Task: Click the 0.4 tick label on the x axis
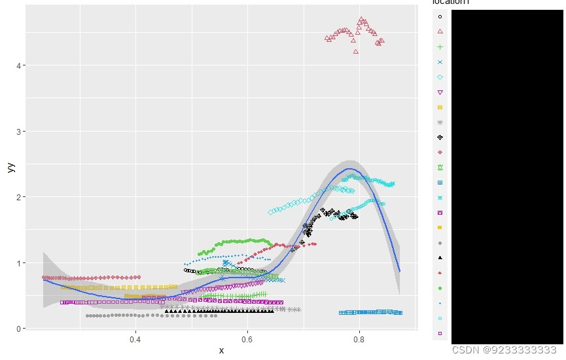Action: tap(135, 340)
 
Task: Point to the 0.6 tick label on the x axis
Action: tap(247, 340)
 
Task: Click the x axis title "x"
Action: tap(221, 351)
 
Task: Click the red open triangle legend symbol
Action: tap(440, 31)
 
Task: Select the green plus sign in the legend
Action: tap(440, 46)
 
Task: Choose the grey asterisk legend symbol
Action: tap(440, 122)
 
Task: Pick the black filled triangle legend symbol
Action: tap(440, 258)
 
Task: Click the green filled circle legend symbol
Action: tap(440, 288)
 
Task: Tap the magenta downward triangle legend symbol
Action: tap(440, 92)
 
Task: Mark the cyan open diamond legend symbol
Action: tap(440, 77)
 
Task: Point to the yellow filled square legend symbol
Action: tap(440, 228)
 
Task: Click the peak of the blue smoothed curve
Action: tap(351, 169)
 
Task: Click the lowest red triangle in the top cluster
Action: tap(356, 52)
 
